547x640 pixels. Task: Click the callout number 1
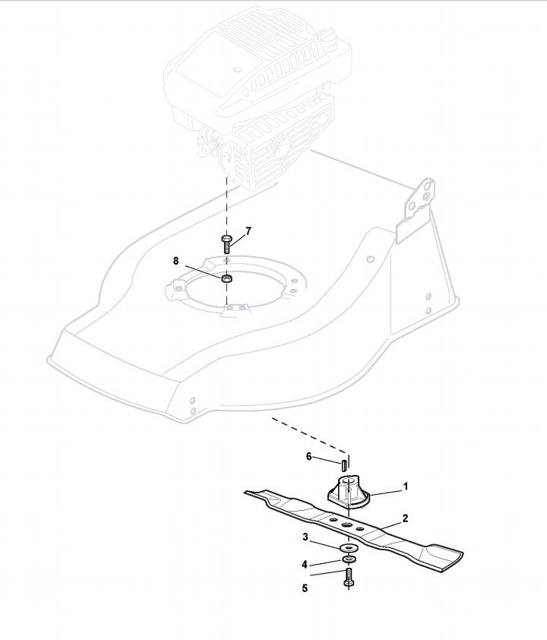pos(406,485)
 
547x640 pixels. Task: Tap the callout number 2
pos(406,518)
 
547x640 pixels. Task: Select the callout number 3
pos(305,538)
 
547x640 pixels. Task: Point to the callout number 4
pos(305,564)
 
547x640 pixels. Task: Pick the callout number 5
pos(305,588)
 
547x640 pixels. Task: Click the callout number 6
pos(309,457)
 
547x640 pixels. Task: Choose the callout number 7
pos(248,230)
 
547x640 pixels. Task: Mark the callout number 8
pos(176,261)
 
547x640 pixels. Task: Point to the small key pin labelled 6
pos(343,463)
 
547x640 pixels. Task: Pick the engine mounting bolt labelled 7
pos(226,243)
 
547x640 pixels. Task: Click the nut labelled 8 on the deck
pos(226,279)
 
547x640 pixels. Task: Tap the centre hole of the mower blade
pos(347,525)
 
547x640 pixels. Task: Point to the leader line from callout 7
pos(237,238)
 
